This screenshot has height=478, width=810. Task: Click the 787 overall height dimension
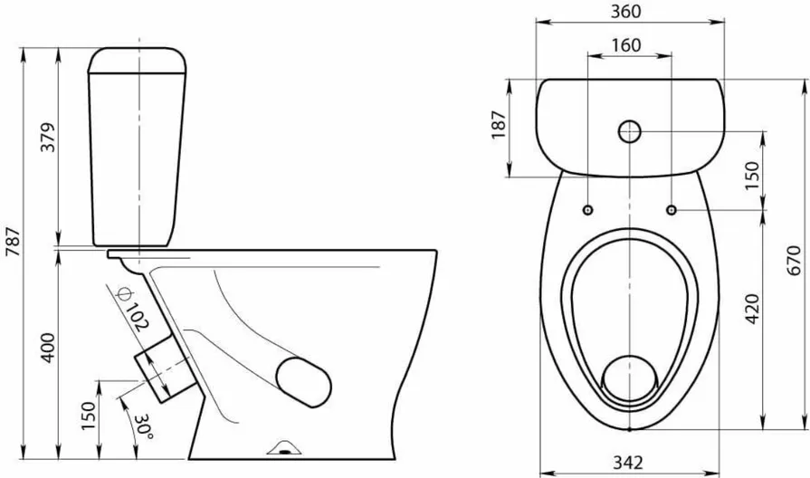tap(13, 242)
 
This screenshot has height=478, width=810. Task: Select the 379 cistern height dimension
tap(48, 137)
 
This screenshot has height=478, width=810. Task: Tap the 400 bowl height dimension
tap(48, 348)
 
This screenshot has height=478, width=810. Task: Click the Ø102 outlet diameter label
tap(133, 309)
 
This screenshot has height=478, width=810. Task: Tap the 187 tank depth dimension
tap(499, 125)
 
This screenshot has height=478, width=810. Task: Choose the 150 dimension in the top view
tap(753, 176)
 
